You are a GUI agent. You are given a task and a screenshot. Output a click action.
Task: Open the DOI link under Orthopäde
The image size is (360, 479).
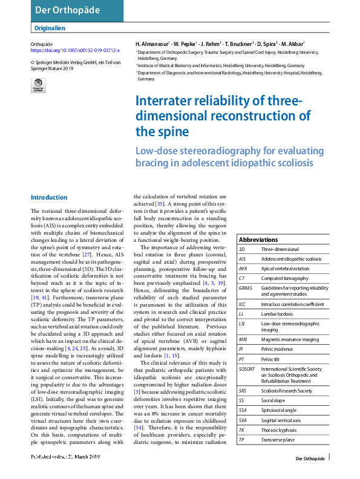[75, 51]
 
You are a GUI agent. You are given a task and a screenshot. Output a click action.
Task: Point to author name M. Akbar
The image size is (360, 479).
[293, 44]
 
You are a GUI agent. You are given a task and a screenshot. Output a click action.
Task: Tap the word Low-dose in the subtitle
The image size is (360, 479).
[154, 151]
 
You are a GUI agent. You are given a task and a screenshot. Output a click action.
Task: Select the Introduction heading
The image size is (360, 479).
[49, 197]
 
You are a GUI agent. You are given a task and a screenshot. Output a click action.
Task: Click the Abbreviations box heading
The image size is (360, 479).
[258, 239]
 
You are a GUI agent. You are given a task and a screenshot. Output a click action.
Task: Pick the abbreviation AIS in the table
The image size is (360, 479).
[242, 258]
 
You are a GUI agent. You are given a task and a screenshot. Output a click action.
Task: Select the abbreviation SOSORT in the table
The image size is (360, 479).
[248, 369]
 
